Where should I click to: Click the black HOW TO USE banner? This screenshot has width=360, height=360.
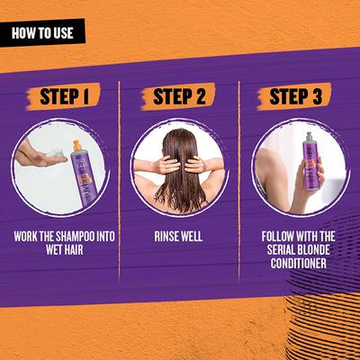(42, 32)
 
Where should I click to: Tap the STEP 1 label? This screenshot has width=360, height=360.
(64, 96)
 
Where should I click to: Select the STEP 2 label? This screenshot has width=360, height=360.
(179, 96)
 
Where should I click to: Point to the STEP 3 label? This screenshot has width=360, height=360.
(295, 96)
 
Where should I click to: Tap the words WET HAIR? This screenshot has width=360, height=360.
(65, 249)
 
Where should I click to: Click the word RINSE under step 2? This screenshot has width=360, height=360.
(166, 237)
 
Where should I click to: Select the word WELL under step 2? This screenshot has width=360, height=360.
(191, 237)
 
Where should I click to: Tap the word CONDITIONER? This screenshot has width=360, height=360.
(298, 263)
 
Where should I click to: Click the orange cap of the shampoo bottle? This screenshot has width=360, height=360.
(77, 146)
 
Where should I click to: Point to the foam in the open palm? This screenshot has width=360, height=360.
(54, 154)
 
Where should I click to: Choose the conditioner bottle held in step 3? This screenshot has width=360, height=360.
(311, 161)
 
